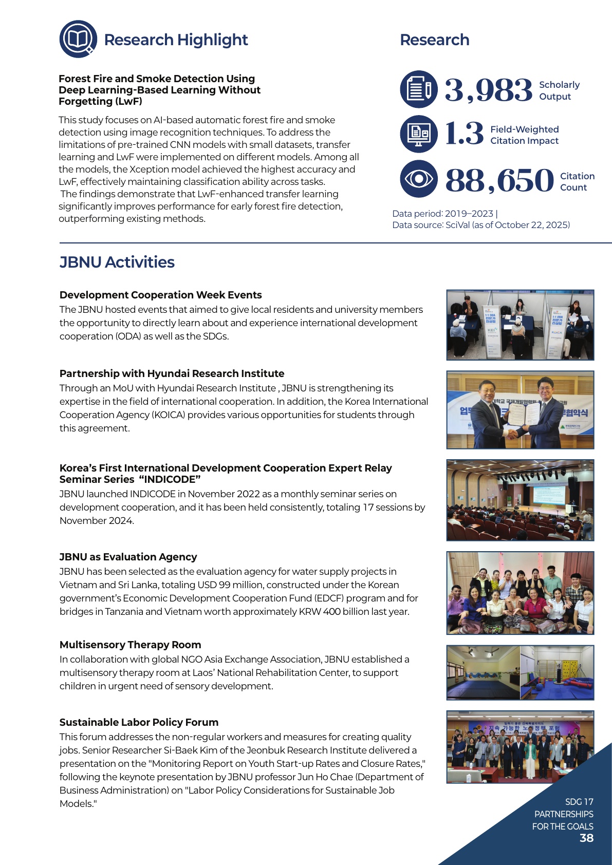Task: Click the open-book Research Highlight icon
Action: tap(78, 39)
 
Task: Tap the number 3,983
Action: tap(488, 90)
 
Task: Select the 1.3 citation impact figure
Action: tap(464, 134)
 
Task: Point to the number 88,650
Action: tap(499, 180)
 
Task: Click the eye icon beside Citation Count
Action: tap(419, 179)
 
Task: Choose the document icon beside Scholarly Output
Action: tap(419, 89)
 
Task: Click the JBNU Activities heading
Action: tap(117, 262)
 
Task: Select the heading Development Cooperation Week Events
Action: tap(160, 295)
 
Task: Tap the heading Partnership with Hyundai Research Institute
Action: tap(172, 373)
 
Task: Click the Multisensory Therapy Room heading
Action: tap(130, 645)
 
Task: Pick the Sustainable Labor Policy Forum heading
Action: tap(139, 722)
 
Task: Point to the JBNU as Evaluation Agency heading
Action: tap(128, 557)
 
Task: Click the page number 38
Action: tap(586, 838)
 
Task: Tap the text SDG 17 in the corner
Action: tap(579, 802)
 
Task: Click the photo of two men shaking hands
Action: tap(520, 410)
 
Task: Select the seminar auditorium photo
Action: tap(520, 500)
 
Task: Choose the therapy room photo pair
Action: tap(520, 672)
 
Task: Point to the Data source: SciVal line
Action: tap(481, 225)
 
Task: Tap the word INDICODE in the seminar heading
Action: tap(170, 479)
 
